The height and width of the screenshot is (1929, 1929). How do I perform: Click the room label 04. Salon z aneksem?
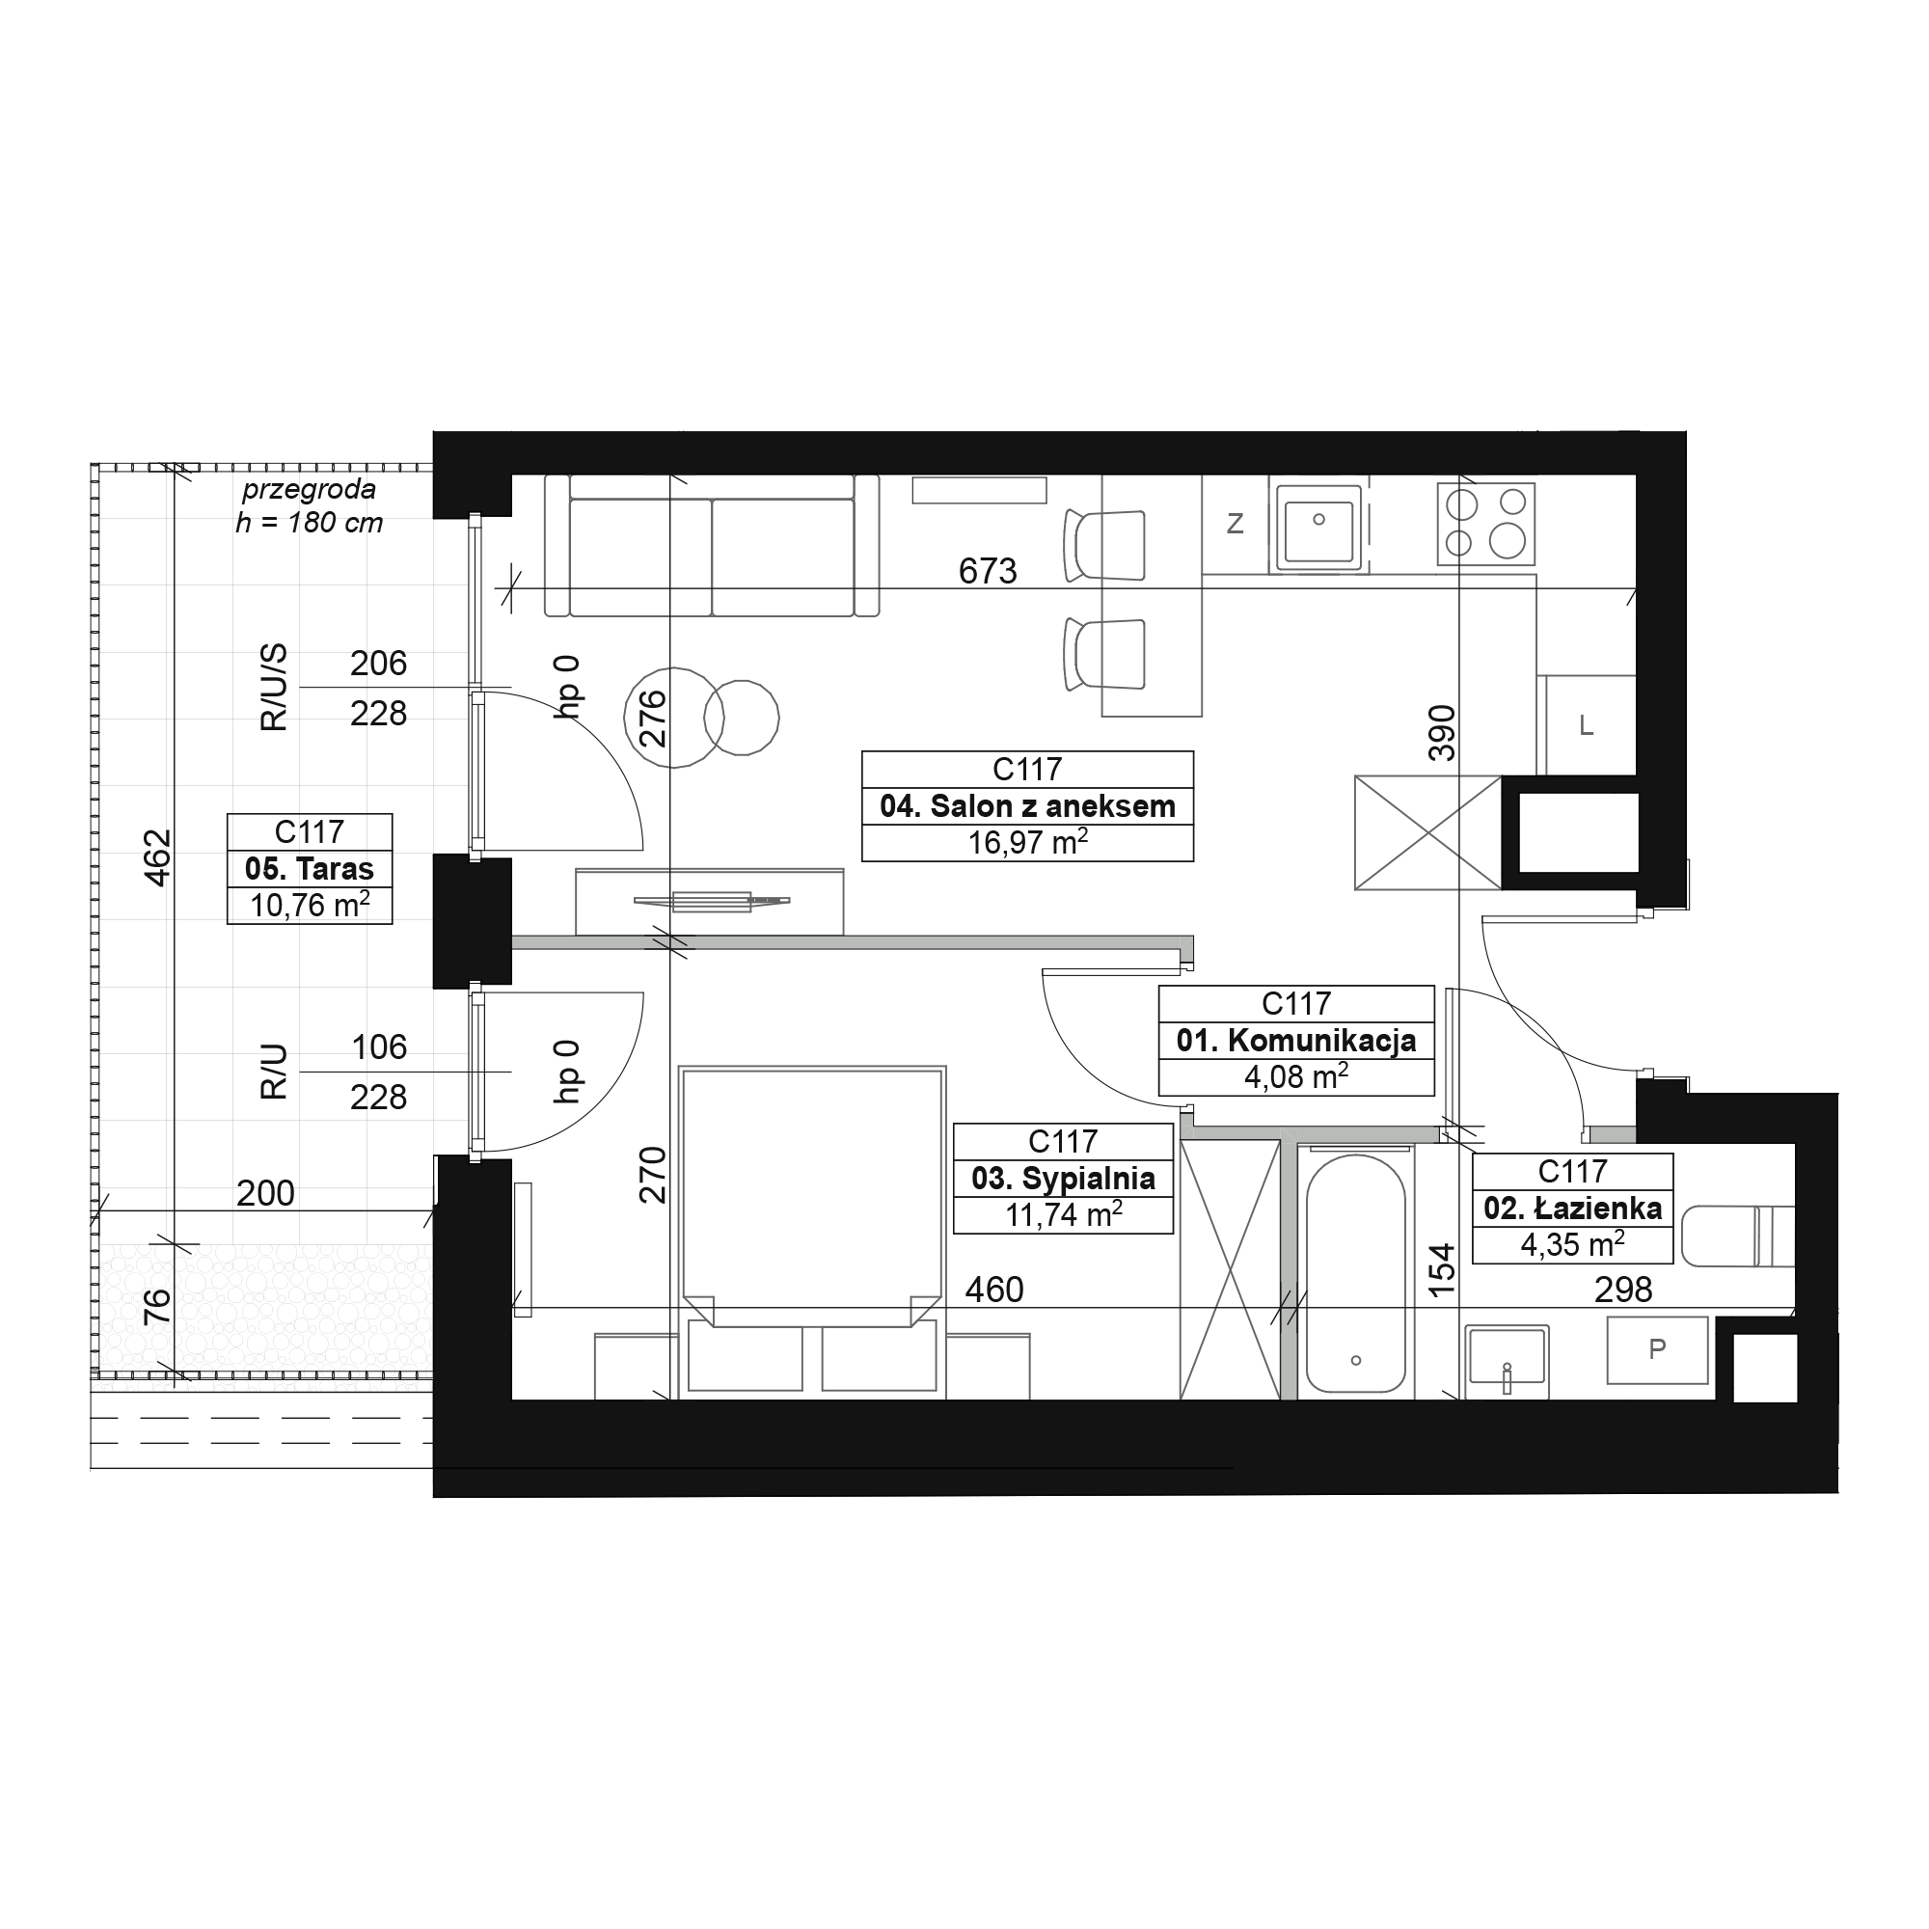[x=1027, y=805]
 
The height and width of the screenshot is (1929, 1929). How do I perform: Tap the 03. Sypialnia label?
[x=1063, y=1179]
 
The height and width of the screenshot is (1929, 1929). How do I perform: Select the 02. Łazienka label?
[x=1572, y=1209]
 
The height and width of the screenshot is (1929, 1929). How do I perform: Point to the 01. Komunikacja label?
[x=1296, y=1041]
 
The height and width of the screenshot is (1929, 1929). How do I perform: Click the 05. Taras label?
[x=310, y=869]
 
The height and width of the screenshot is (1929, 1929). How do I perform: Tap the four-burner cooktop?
[x=1485, y=524]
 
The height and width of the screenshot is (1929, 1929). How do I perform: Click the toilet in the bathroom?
[x=1738, y=1236]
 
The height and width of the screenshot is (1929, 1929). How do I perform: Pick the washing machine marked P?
[x=1656, y=1350]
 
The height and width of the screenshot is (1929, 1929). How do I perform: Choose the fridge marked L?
[x=1587, y=726]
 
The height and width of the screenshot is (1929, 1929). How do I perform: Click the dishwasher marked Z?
[x=1236, y=523]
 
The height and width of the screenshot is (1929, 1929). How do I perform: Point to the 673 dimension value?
[x=988, y=571]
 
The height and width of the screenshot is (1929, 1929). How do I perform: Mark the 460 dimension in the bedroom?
[x=994, y=1290]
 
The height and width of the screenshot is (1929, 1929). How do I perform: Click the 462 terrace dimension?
[x=158, y=857]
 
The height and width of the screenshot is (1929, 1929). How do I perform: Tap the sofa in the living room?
[x=712, y=545]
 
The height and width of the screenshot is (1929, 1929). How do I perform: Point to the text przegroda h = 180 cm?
[x=310, y=506]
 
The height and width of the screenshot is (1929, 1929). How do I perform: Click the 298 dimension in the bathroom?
[x=1623, y=1290]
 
